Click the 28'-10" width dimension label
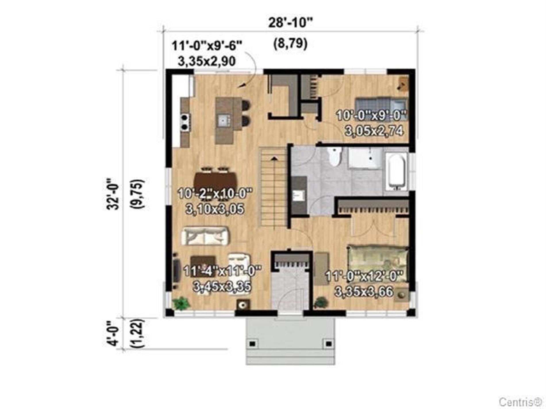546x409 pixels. (x=290, y=22)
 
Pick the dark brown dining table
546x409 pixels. (x=216, y=181)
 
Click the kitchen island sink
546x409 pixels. (x=224, y=120)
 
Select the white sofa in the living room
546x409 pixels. (x=205, y=236)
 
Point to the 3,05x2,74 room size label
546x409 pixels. (x=374, y=131)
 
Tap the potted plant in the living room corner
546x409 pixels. (x=181, y=303)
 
